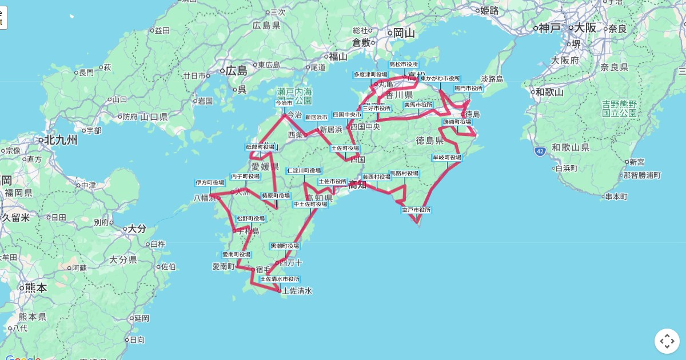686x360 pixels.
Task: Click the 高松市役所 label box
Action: coord(404,65)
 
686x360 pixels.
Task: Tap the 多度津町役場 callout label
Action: coord(370,74)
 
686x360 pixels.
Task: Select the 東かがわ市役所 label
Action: coord(440,78)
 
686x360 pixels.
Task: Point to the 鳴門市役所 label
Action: coord(469,89)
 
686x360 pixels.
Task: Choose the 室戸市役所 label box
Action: coord(416,210)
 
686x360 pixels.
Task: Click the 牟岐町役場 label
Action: coord(446,157)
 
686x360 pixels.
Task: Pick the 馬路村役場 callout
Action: coord(404,173)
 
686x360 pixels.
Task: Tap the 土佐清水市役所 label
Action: coord(280,279)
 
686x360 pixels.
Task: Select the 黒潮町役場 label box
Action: coord(285,246)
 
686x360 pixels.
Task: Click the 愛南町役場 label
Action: coord(236,254)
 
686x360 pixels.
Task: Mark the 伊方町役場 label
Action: coord(210,183)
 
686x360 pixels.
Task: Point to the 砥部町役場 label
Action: coord(261,147)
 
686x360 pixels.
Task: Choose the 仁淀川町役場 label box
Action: coord(304,170)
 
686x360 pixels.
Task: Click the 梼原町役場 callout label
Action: coord(276,195)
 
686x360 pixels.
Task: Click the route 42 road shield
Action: coord(540,151)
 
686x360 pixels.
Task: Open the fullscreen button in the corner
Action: coord(667,341)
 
